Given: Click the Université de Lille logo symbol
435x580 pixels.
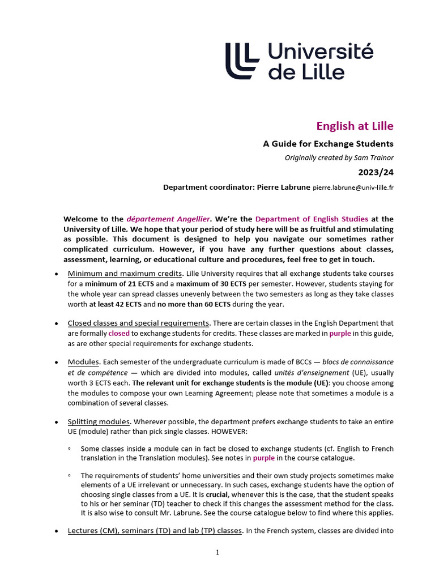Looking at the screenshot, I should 242,61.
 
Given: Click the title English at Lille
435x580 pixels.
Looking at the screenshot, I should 354,126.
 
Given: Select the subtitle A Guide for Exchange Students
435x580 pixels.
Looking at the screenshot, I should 328,144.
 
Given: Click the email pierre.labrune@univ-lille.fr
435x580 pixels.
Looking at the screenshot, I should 353,187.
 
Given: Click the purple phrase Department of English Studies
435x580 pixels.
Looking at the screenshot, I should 312,219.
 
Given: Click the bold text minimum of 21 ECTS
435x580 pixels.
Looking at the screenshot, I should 116,284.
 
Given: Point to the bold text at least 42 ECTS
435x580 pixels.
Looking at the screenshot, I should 113,305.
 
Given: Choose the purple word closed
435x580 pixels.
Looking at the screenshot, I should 119,334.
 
